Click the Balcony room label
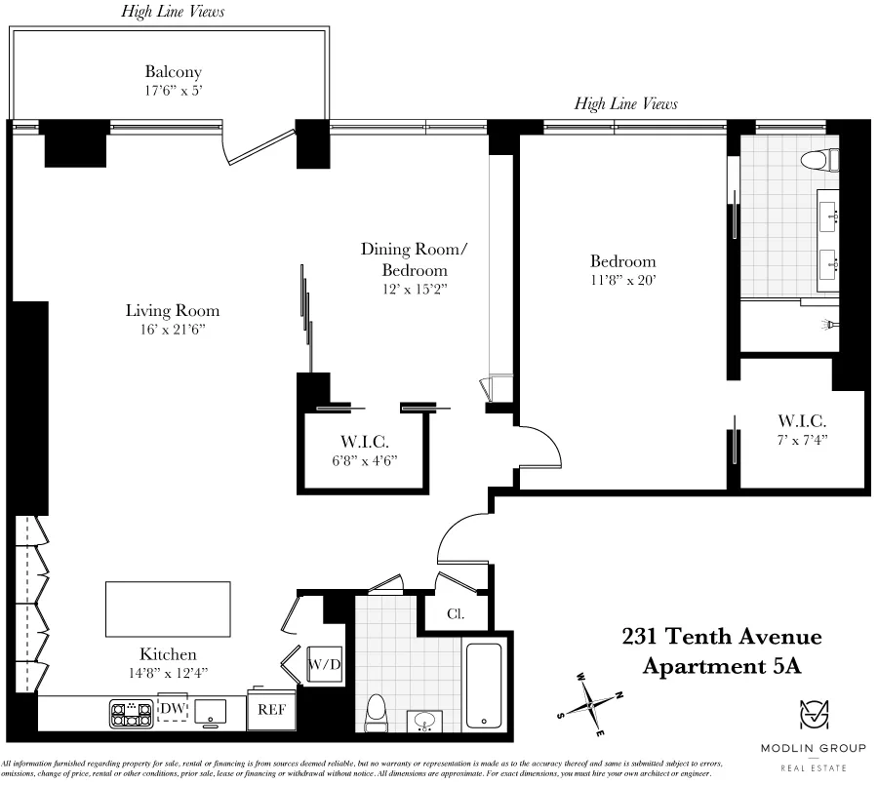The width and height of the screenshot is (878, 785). pyautogui.click(x=173, y=72)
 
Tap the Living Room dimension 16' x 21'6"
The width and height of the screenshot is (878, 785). pyautogui.click(x=172, y=330)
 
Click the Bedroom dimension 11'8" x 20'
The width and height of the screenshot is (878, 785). pyautogui.click(x=622, y=280)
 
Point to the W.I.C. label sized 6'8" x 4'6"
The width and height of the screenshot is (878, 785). pyautogui.click(x=364, y=442)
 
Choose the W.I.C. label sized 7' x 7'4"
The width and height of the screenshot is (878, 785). pyautogui.click(x=802, y=421)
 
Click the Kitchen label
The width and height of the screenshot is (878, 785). pyautogui.click(x=167, y=654)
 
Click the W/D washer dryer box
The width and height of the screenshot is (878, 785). pyautogui.click(x=323, y=665)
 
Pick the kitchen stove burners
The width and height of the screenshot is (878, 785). pyautogui.click(x=124, y=714)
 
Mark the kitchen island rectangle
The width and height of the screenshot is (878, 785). pyautogui.click(x=168, y=608)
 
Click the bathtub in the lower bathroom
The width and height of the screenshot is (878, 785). pyautogui.click(x=484, y=685)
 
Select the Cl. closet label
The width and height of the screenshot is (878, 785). pyautogui.click(x=455, y=614)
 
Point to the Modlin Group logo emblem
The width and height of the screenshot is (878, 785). pyautogui.click(x=812, y=716)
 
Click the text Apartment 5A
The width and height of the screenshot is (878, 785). pyautogui.click(x=722, y=666)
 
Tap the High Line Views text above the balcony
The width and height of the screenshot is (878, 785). pyautogui.click(x=173, y=12)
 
